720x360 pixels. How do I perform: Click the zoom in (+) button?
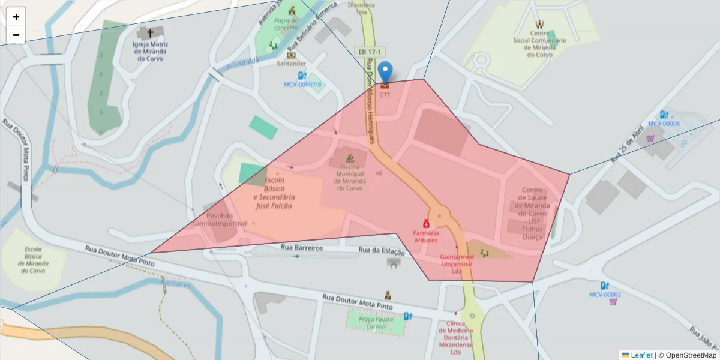16,17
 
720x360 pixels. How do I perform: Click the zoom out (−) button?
16,35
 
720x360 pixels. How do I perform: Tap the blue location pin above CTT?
385,71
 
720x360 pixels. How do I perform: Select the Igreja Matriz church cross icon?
150,33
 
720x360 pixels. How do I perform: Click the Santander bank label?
291,63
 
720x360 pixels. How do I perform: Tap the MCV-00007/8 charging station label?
302,85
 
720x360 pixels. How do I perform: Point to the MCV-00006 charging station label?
664,123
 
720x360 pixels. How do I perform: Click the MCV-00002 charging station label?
605,295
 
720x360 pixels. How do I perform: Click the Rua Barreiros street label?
302,248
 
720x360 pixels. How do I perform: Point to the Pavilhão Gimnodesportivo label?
219,220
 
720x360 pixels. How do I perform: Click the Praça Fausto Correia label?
376,323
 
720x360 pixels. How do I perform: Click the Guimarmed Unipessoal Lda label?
457,264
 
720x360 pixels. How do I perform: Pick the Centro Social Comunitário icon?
539,25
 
